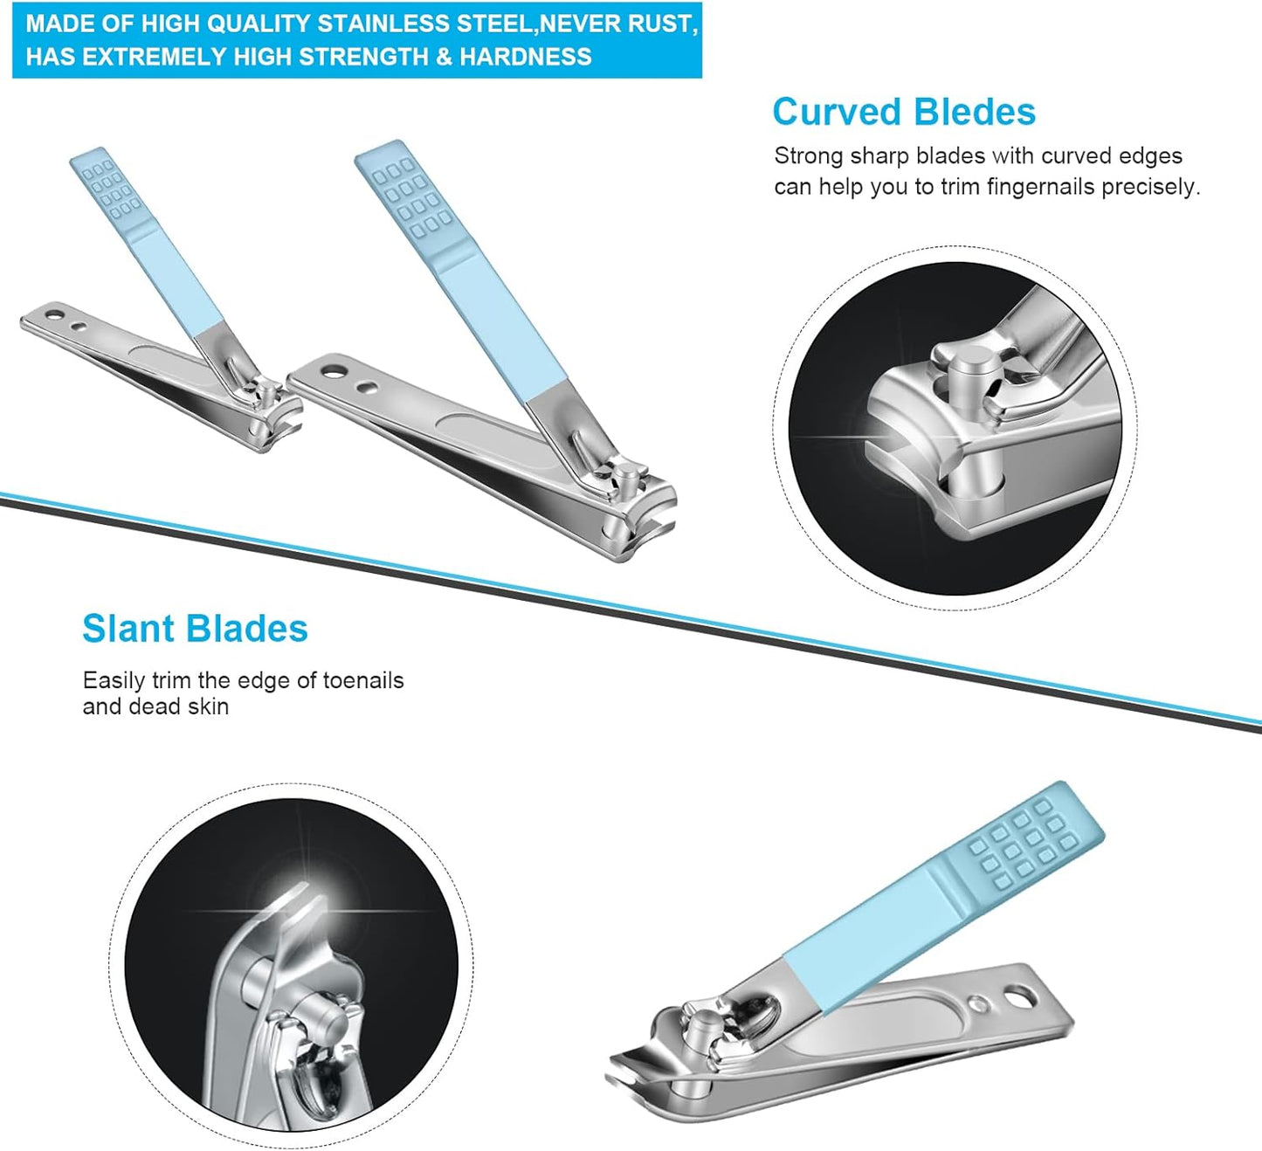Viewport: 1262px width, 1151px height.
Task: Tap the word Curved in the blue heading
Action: [836, 113]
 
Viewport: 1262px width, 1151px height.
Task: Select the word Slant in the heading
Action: [128, 629]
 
